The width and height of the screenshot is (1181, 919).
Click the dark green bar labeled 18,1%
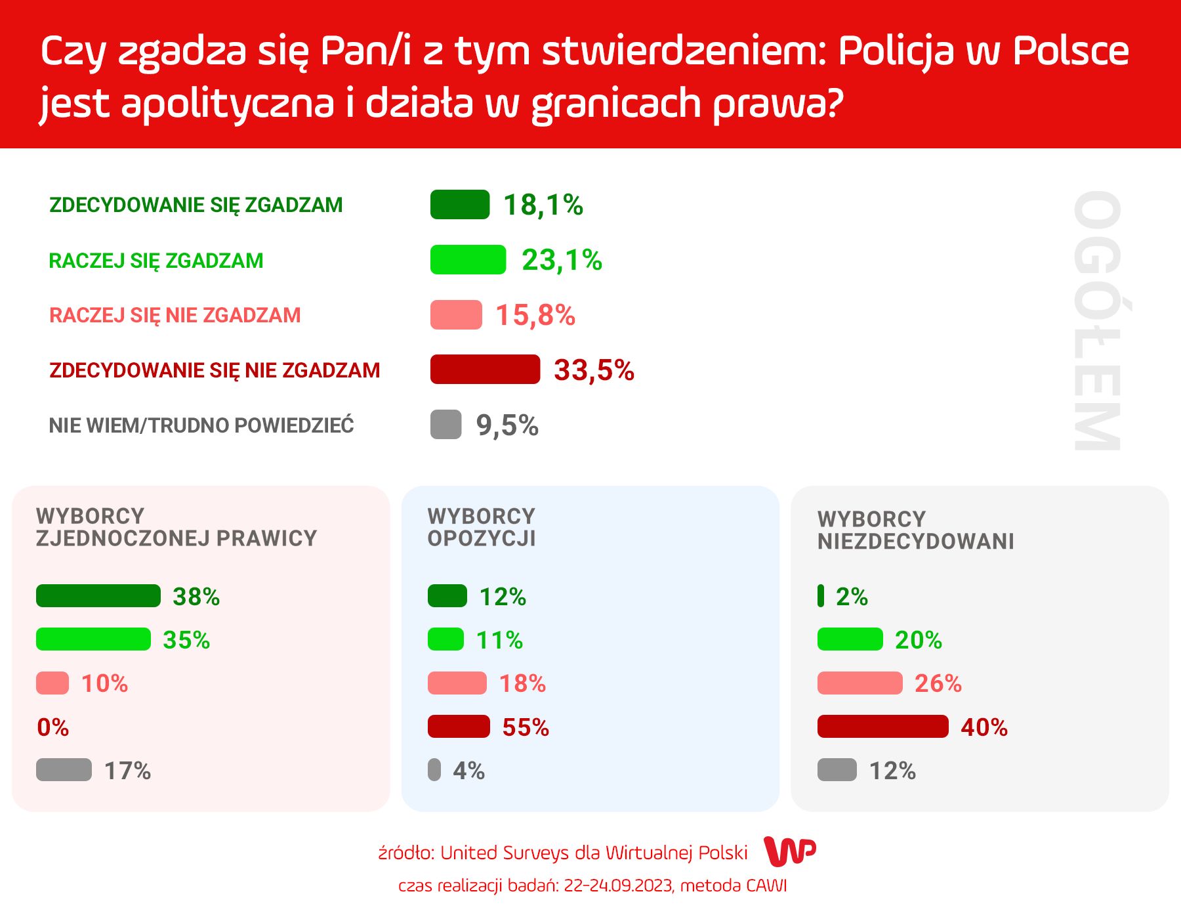click(459, 204)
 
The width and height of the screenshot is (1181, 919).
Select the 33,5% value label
click(594, 370)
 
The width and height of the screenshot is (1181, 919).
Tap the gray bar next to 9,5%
click(445, 425)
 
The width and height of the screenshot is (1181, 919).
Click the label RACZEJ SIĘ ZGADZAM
click(156, 261)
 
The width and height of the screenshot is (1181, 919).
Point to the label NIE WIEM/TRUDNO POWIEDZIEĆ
click(201, 425)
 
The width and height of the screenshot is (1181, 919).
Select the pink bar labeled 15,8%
click(456, 315)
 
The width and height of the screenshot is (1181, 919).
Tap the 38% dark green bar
click(98, 596)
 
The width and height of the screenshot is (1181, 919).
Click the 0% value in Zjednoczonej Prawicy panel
click(52, 727)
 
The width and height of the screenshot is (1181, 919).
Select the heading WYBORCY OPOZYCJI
click(482, 527)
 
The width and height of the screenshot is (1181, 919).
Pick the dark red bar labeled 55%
click(459, 727)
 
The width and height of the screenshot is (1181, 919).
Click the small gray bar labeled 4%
click(434, 770)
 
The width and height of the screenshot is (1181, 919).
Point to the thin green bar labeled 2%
click(821, 596)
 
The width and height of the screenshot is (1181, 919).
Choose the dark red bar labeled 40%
click(882, 727)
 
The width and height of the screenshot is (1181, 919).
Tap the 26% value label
click(938, 683)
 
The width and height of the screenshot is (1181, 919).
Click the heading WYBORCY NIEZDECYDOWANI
click(915, 530)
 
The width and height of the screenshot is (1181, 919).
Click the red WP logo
click(790, 851)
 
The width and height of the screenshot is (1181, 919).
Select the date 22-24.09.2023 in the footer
click(618, 886)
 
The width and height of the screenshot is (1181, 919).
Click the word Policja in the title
click(895, 51)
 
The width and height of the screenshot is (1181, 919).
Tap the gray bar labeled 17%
click(64, 770)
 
